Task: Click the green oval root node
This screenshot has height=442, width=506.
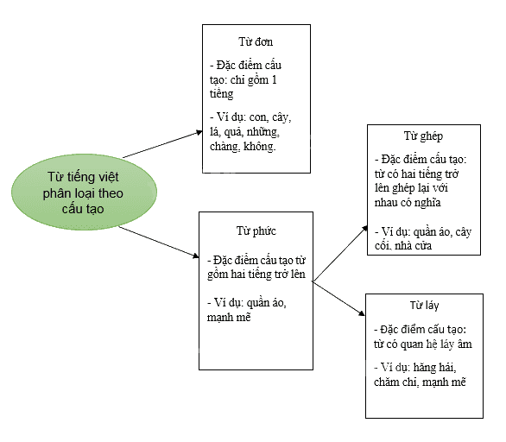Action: point(84,192)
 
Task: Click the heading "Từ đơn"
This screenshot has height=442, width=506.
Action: point(256,42)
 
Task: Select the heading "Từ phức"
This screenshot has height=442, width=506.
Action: point(256,231)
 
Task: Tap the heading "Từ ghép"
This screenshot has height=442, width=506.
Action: point(423,136)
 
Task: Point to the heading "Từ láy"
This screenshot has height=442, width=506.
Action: point(424,306)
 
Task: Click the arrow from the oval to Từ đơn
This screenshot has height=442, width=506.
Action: point(162,144)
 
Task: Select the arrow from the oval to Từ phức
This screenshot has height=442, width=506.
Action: point(159,242)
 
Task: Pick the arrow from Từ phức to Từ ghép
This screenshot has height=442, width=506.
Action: point(340,254)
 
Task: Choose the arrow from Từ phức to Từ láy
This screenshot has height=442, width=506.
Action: point(338,298)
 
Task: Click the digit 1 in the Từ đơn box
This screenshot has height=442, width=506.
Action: point(274,79)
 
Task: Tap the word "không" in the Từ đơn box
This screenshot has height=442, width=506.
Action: point(259,147)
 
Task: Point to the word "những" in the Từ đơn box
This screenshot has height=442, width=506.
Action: point(263,132)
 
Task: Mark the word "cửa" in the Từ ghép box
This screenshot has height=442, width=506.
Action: point(422,246)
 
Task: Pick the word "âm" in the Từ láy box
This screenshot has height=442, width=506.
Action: point(465,344)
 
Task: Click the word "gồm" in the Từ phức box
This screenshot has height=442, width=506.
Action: point(218,275)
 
